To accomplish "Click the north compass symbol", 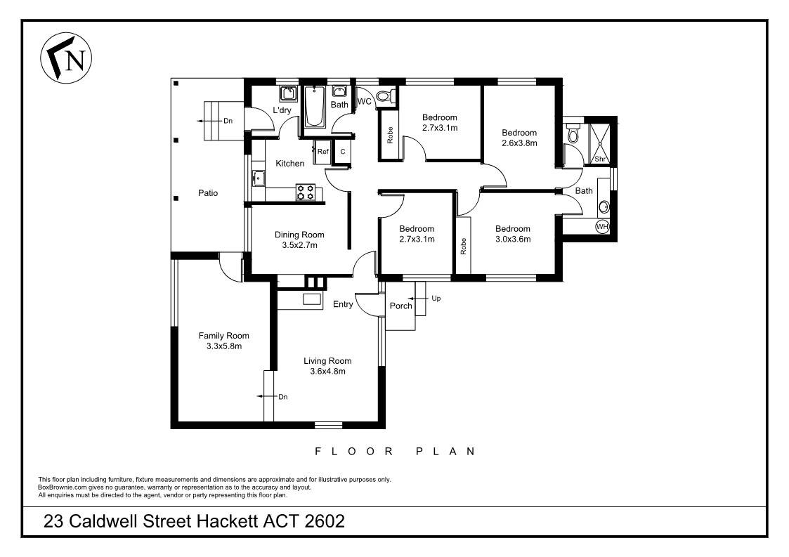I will pyautogui.click(x=67, y=57).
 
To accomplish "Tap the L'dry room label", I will pyautogui.click(x=282, y=110).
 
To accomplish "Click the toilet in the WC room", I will pyautogui.click(x=386, y=97).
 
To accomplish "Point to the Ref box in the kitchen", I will pyautogui.click(x=322, y=152).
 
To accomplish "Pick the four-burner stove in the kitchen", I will pyautogui.click(x=306, y=192).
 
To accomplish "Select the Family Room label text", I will pyautogui.click(x=223, y=336).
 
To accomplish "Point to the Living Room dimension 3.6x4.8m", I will pyautogui.click(x=327, y=372).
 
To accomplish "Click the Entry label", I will pyautogui.click(x=343, y=304).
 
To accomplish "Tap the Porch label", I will pyautogui.click(x=400, y=306).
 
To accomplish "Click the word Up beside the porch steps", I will pyautogui.click(x=436, y=299).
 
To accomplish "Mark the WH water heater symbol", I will pyautogui.click(x=601, y=227).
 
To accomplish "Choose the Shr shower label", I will pyautogui.click(x=600, y=159).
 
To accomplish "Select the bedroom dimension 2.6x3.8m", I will pyautogui.click(x=519, y=143).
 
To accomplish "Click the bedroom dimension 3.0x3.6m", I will pyautogui.click(x=512, y=239).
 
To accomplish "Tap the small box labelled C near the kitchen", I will pyautogui.click(x=343, y=152).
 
